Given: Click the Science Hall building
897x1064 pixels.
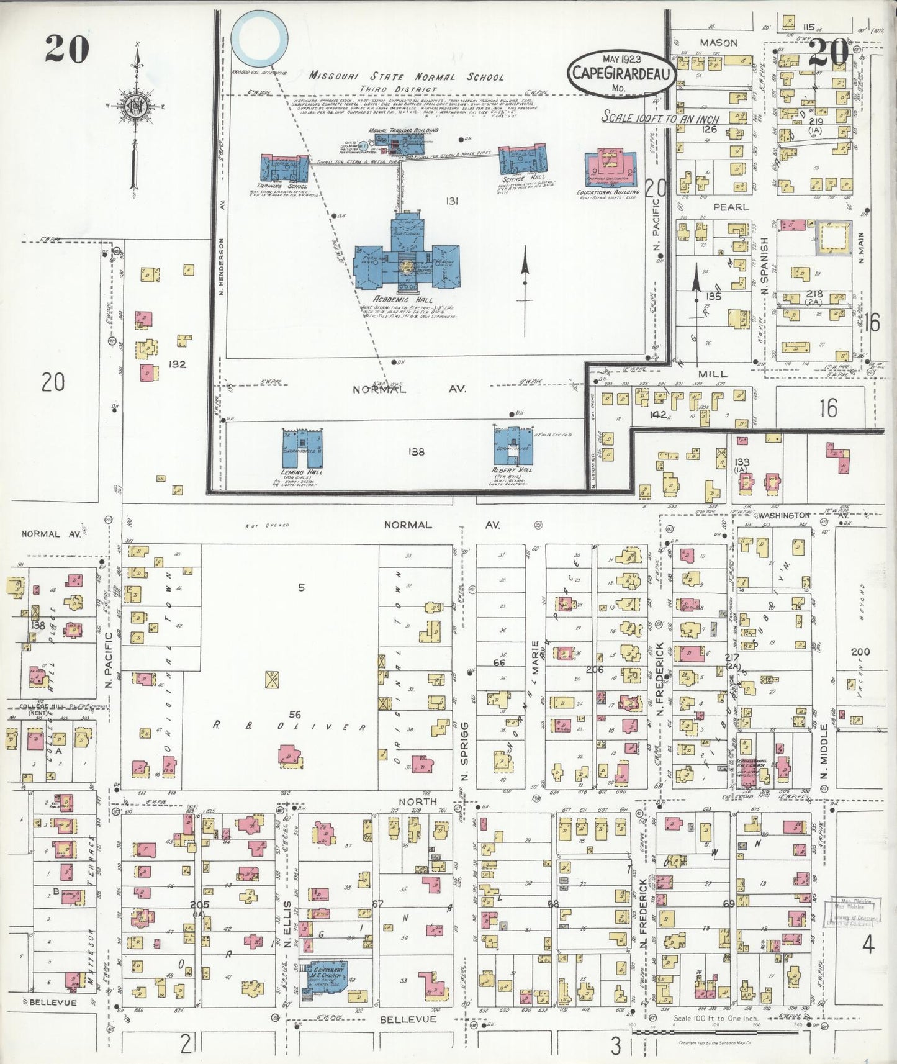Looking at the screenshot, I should pyautogui.click(x=523, y=159).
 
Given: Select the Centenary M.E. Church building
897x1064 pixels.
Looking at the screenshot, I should pyautogui.click(x=324, y=979).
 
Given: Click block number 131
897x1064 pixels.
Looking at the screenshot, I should pyautogui.click(x=451, y=201).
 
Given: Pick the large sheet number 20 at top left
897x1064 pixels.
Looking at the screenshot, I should pyautogui.click(x=67, y=48).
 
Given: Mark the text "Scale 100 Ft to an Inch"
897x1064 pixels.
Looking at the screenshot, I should pyautogui.click(x=660, y=118).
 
